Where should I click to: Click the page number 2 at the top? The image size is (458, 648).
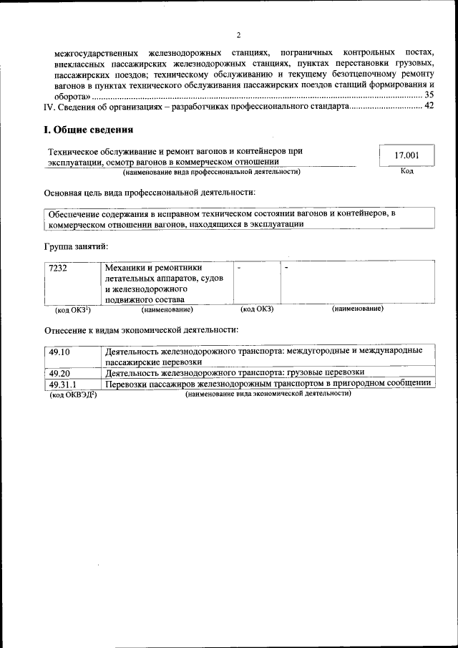pos(238,35)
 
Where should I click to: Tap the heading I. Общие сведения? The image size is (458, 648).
pos(88,130)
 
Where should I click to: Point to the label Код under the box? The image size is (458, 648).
pos(406,171)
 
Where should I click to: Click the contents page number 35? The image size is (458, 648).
pos(429,95)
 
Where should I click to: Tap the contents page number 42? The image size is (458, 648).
pos(429,106)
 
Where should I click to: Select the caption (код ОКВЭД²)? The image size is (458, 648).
pos(72,395)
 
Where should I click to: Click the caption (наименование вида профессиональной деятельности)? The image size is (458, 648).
pos(211,172)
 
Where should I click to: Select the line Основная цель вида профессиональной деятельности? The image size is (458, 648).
pos(150,193)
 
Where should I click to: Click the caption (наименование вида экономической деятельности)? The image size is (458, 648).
pos(268,395)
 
